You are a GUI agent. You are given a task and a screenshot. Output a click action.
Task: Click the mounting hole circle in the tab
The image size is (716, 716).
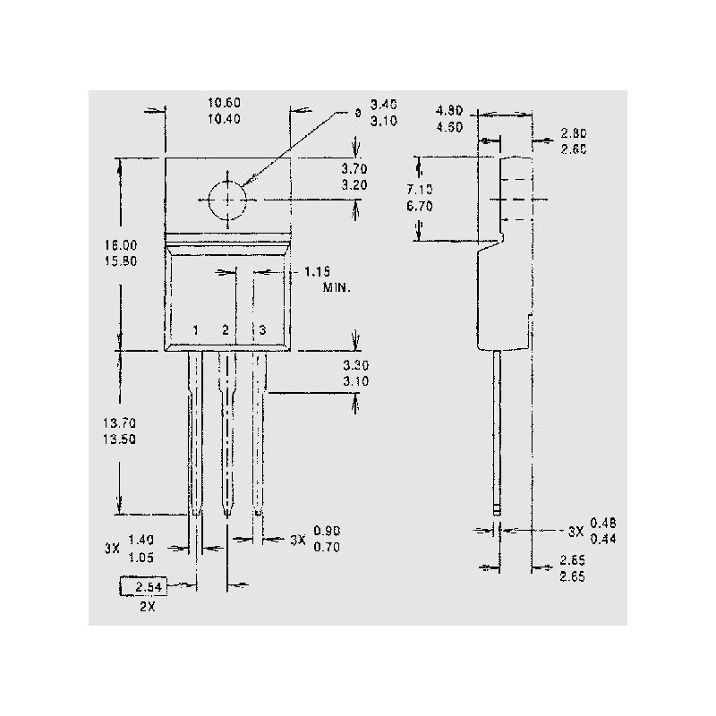[x=229, y=199]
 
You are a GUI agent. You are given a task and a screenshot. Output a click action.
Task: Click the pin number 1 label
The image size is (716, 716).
[x=195, y=331]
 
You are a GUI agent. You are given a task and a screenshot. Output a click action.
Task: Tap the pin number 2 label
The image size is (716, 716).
[x=226, y=331]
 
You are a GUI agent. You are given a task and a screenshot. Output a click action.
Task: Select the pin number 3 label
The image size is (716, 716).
[x=261, y=331]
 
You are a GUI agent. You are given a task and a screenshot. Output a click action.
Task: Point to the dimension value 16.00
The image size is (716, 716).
[x=121, y=245]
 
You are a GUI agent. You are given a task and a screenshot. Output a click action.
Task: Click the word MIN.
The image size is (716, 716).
[x=337, y=288]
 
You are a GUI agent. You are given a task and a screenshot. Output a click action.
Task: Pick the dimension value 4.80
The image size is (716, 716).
[x=450, y=111]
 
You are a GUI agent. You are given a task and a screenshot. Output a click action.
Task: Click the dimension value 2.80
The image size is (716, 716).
[x=574, y=133]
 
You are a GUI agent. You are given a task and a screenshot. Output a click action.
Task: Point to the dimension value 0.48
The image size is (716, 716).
[x=604, y=523]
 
